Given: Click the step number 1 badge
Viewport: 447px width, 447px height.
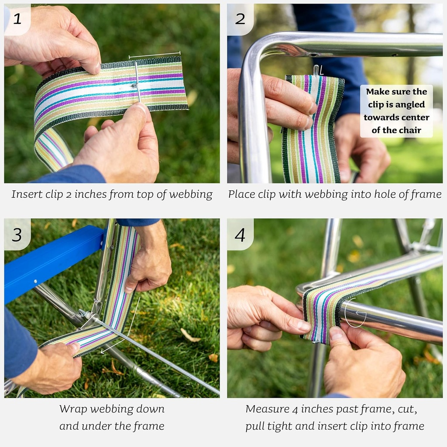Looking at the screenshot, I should (x=17, y=19).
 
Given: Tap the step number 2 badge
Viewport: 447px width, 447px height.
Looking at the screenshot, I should (x=240, y=19).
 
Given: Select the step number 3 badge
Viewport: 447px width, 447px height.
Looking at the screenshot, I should (x=17, y=234).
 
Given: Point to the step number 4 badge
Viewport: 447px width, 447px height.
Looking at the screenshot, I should (x=240, y=234).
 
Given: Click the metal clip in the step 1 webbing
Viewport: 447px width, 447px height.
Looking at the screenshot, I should (x=137, y=81).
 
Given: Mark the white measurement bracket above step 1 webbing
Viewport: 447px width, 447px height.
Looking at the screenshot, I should (x=155, y=55).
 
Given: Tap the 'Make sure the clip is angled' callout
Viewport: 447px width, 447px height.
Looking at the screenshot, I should (x=396, y=111).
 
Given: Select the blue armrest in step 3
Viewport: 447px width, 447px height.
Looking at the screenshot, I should (x=48, y=262).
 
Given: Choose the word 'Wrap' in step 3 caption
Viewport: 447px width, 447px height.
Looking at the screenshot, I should (x=72, y=409).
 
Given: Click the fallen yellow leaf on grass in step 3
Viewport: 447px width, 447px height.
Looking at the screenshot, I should (x=190, y=335).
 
